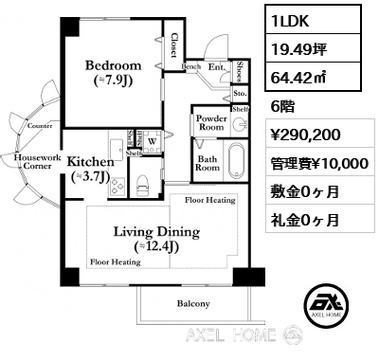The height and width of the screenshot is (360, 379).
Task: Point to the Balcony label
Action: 193,304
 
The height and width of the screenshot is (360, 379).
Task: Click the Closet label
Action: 174,46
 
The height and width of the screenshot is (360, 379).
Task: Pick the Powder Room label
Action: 210,122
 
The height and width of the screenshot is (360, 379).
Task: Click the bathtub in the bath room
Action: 237,161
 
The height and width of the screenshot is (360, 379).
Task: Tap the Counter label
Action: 40,125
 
